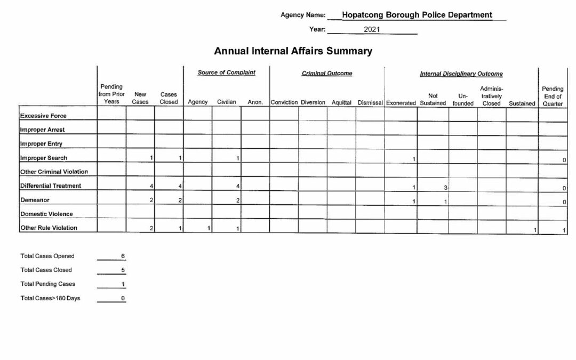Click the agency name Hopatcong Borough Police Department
[417, 15]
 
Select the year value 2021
[372, 30]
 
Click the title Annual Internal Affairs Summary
[293, 51]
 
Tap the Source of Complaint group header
[226, 73]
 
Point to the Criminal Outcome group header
[327, 73]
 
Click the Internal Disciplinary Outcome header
[461, 74]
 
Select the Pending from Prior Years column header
[111, 94]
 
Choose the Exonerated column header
[401, 103]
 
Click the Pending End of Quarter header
[552, 97]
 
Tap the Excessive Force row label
[43, 116]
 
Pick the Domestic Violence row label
[46, 214]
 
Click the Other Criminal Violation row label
[54, 172]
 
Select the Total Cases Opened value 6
[123, 256]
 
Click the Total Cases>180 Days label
[50, 298]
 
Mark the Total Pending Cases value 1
[123, 284]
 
